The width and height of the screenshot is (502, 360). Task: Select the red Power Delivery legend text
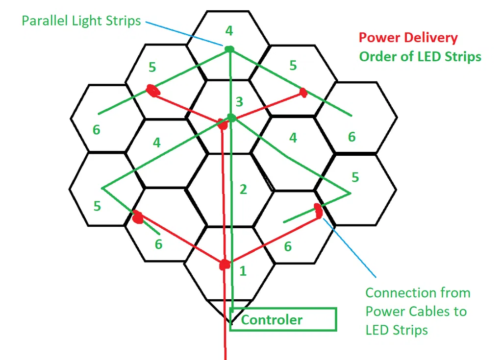(x=408, y=38)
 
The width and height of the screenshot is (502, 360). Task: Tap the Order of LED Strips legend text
(x=420, y=56)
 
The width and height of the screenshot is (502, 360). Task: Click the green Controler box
(x=283, y=320)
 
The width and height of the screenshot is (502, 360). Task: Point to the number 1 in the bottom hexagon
(x=242, y=271)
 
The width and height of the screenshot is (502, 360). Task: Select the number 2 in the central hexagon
(x=243, y=190)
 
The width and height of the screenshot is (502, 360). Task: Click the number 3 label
(x=239, y=102)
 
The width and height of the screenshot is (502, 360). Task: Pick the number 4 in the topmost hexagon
(x=229, y=31)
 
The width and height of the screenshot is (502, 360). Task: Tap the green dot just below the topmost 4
(x=229, y=48)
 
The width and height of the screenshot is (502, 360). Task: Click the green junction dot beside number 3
(x=231, y=118)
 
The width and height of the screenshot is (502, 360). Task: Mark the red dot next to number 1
(x=225, y=265)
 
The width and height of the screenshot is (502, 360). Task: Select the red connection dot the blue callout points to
(x=318, y=211)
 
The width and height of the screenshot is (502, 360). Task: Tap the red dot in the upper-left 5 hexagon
(x=153, y=91)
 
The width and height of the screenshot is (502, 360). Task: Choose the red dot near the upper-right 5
(x=303, y=92)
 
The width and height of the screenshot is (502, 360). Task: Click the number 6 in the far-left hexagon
(x=97, y=130)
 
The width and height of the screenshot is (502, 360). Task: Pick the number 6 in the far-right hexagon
(x=351, y=137)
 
